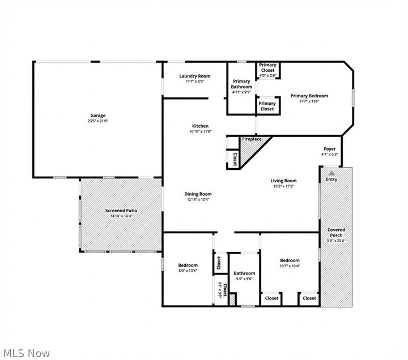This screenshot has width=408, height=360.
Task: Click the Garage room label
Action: [98, 115]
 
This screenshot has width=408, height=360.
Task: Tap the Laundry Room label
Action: [194, 76]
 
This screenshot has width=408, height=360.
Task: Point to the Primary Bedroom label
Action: [309, 96]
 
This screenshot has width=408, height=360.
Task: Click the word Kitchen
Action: [200, 126]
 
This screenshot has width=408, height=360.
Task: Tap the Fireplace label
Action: [252, 139]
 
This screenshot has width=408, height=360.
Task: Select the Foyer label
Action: [330, 149]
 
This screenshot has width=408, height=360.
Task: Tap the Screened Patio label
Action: [121, 211]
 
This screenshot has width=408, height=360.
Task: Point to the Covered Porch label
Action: [336, 233]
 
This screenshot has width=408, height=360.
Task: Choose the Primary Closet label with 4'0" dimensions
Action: [267, 68]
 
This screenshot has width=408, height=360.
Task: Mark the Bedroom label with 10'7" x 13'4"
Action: [290, 260]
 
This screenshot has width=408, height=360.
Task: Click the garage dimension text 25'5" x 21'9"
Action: [98, 121]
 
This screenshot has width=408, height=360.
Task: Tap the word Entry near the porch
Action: [331, 179]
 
